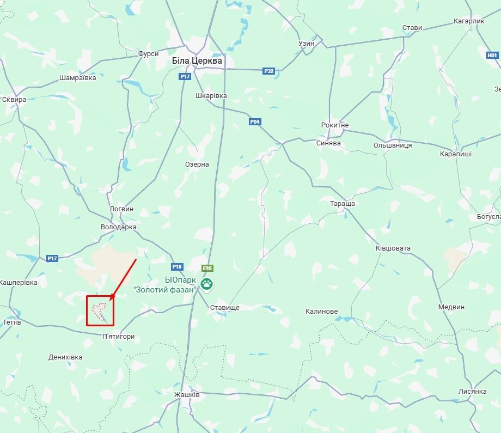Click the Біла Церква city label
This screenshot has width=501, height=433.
click(x=197, y=61)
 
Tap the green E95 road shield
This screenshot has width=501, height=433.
click(x=207, y=269)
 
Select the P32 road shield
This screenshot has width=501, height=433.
click(x=268, y=71)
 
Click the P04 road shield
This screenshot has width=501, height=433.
click(x=255, y=121)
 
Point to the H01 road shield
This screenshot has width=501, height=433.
click(x=492, y=55)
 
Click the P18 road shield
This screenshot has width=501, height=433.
click(x=177, y=266)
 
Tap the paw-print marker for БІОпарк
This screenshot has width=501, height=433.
click(x=207, y=283)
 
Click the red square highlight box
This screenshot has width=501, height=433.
click(x=101, y=310)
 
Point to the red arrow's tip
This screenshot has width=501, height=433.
click(x=111, y=300)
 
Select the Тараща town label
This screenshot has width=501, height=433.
click(x=342, y=203)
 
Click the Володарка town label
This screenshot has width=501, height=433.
click(x=118, y=227)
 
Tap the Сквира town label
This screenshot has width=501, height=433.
click(x=14, y=100)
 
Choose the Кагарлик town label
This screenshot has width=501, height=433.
click(x=468, y=21)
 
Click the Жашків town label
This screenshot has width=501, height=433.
click(x=187, y=394)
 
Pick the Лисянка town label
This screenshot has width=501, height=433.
click(x=472, y=392)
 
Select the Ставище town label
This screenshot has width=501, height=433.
click(x=225, y=308)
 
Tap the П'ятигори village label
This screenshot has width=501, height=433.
click(x=118, y=337)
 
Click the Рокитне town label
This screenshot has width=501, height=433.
click(x=335, y=125)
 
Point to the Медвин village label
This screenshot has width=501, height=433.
click(x=451, y=307)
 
